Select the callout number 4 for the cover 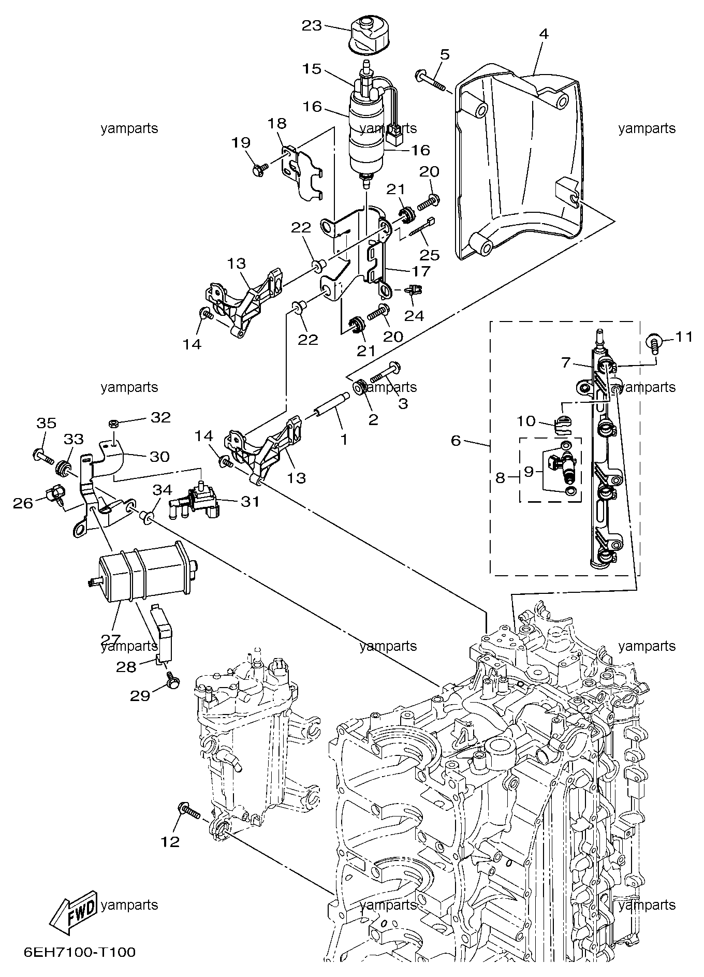tap(543, 34)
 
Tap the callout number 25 tap(430, 254)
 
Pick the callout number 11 tap(684, 337)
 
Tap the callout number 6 tap(456, 441)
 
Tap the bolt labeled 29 tap(173, 681)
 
